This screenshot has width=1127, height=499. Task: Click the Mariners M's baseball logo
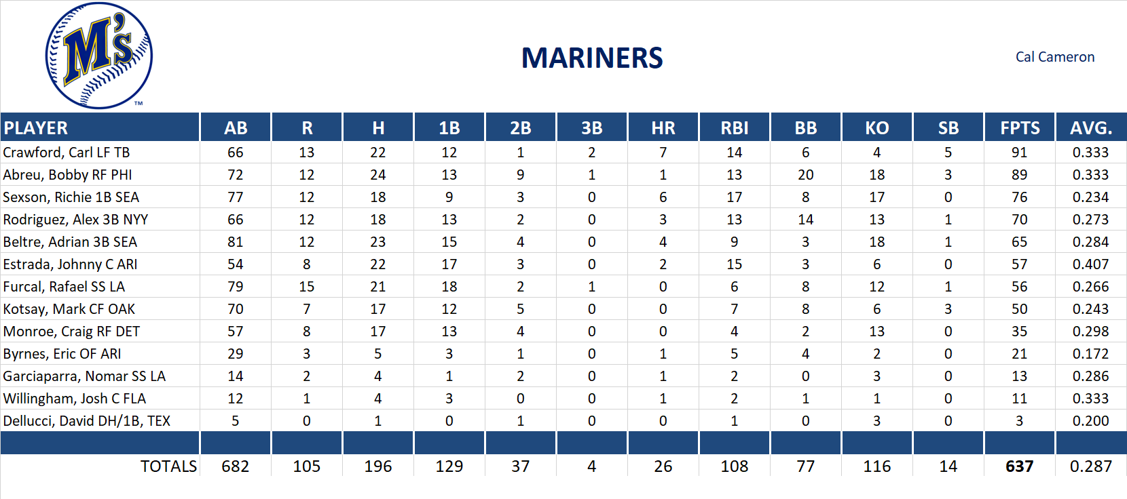coord(99,56)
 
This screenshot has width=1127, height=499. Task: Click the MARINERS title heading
coord(591,58)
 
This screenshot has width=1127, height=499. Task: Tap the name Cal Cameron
coord(1054,57)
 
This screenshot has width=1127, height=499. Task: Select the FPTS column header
coord(1019,128)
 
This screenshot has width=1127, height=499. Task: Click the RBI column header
coord(734,128)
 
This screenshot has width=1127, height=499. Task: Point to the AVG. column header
coord(1090,128)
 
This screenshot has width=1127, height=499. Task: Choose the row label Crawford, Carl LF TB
coord(67,153)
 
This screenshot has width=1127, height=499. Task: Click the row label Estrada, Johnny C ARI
coord(70,264)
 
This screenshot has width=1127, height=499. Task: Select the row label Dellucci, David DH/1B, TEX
coord(87,421)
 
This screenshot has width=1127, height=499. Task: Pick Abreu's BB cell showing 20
coord(805,175)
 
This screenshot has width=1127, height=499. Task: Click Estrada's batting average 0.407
coord(1090,264)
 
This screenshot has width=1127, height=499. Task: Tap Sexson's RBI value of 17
coord(734,197)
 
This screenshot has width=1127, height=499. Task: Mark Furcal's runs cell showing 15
coord(307,287)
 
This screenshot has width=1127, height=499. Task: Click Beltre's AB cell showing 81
coord(236,242)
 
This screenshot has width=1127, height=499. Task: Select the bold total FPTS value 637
coord(1019,466)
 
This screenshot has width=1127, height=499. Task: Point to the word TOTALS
coord(168,466)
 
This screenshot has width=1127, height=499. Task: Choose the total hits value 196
coord(378,466)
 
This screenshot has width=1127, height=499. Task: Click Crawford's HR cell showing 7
coord(663,153)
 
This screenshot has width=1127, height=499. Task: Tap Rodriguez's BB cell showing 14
coord(805,220)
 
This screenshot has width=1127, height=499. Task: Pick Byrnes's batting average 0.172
coord(1090,354)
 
